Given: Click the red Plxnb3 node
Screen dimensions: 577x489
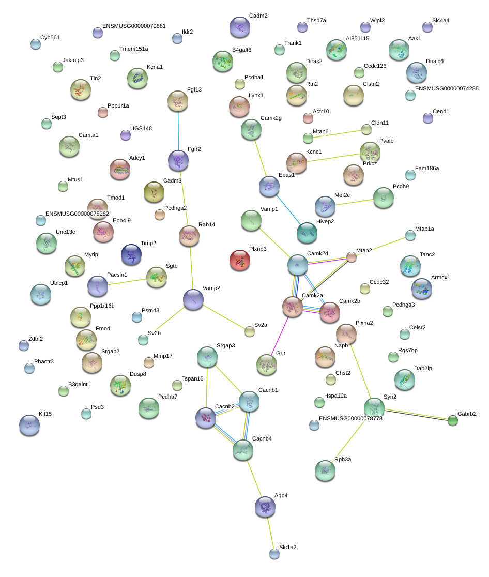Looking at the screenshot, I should (x=239, y=260).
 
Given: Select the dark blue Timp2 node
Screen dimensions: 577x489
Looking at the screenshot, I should (x=131, y=254).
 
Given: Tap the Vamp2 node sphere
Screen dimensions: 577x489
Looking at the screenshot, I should (x=193, y=299).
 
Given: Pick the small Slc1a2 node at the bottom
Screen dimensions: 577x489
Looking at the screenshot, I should (x=274, y=554).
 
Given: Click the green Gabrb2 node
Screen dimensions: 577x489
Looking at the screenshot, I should (x=453, y=420).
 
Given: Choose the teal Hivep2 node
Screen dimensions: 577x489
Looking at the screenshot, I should (x=307, y=233).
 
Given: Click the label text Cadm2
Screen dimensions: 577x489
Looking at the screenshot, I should (x=258, y=16).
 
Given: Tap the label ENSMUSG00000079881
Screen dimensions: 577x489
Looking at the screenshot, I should (x=134, y=26).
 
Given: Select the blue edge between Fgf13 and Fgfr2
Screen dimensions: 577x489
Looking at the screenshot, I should (x=178, y=130).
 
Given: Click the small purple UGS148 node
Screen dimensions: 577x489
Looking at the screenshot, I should (x=125, y=135).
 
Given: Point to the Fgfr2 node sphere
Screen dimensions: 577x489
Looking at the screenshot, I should (x=178, y=160).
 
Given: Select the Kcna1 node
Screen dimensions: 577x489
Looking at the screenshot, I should (x=137, y=78).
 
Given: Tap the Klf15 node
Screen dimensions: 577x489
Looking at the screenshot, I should (x=29, y=425).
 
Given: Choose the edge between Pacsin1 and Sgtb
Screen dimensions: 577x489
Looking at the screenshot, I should (x=128, y=282).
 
